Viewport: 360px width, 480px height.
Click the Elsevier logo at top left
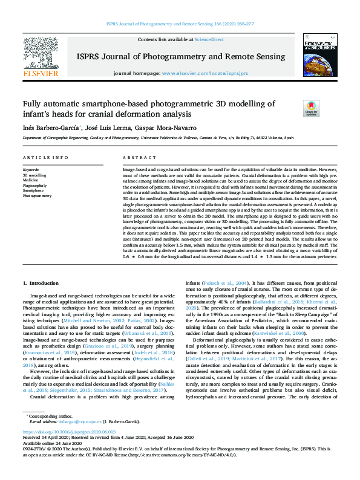click(41, 57)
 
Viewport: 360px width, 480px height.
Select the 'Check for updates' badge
click(311, 109)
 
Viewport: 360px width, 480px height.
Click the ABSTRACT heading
click(135, 157)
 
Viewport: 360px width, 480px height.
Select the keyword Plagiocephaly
click(35, 186)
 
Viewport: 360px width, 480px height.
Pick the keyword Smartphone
click(33, 190)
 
